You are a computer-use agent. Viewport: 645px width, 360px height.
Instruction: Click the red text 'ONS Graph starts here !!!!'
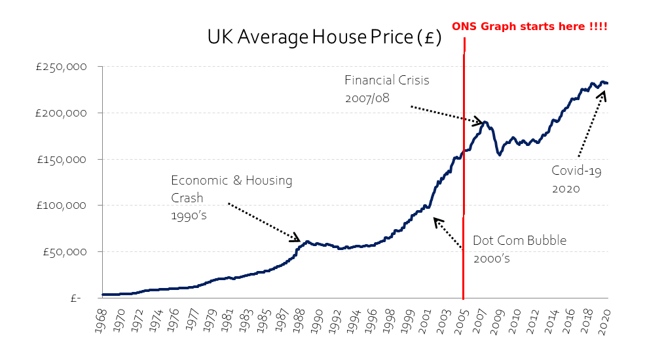(529, 26)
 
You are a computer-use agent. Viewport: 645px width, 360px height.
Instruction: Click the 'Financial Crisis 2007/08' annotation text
(387, 89)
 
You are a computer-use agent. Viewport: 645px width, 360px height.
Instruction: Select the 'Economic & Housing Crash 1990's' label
(232, 198)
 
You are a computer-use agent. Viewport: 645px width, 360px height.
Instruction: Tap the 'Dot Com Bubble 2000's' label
(519, 249)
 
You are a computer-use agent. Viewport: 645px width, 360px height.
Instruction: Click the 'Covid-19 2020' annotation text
(577, 179)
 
